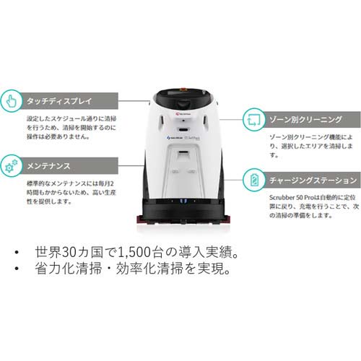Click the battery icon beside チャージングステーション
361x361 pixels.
[x=253, y=179]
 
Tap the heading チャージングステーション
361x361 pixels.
[x=313, y=180]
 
